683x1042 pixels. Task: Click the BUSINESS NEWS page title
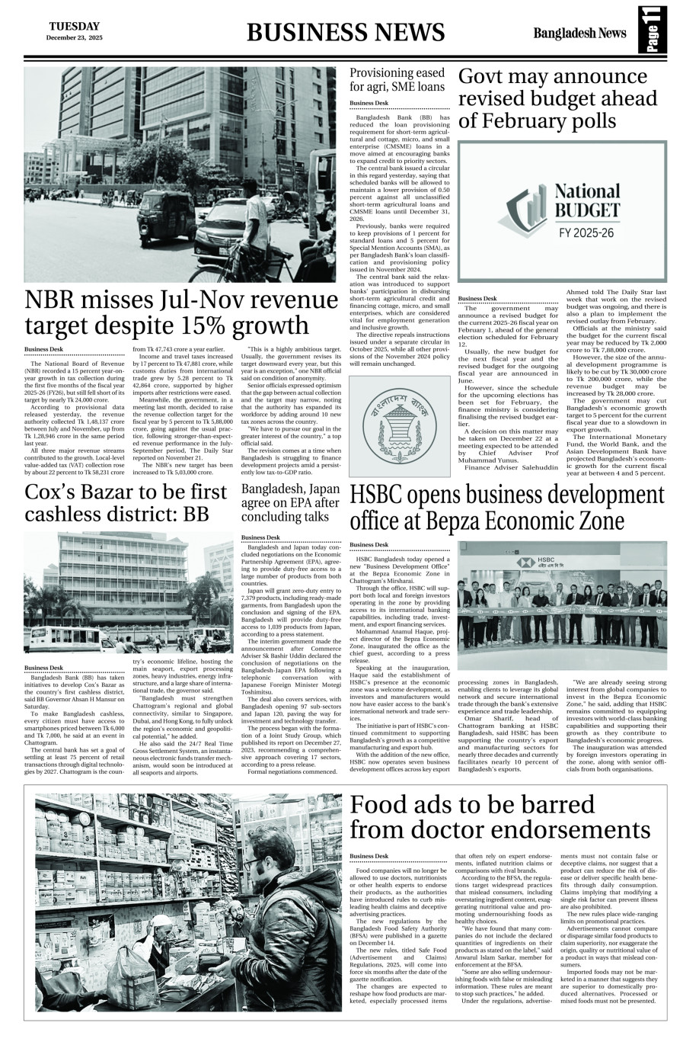[x=346, y=32]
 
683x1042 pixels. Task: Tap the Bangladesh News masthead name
[x=579, y=33]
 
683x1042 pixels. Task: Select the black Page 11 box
[x=653, y=30]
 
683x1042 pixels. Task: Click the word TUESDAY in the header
[x=74, y=26]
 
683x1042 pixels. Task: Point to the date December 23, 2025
[x=74, y=37]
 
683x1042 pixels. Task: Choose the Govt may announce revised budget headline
[x=557, y=98]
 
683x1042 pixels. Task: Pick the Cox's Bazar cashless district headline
[x=126, y=502]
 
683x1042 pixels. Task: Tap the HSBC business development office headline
[x=507, y=508]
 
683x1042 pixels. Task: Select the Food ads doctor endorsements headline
[x=500, y=817]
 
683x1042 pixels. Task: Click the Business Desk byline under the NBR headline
[x=43, y=349]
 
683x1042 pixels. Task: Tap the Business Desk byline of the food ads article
[x=369, y=856]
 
